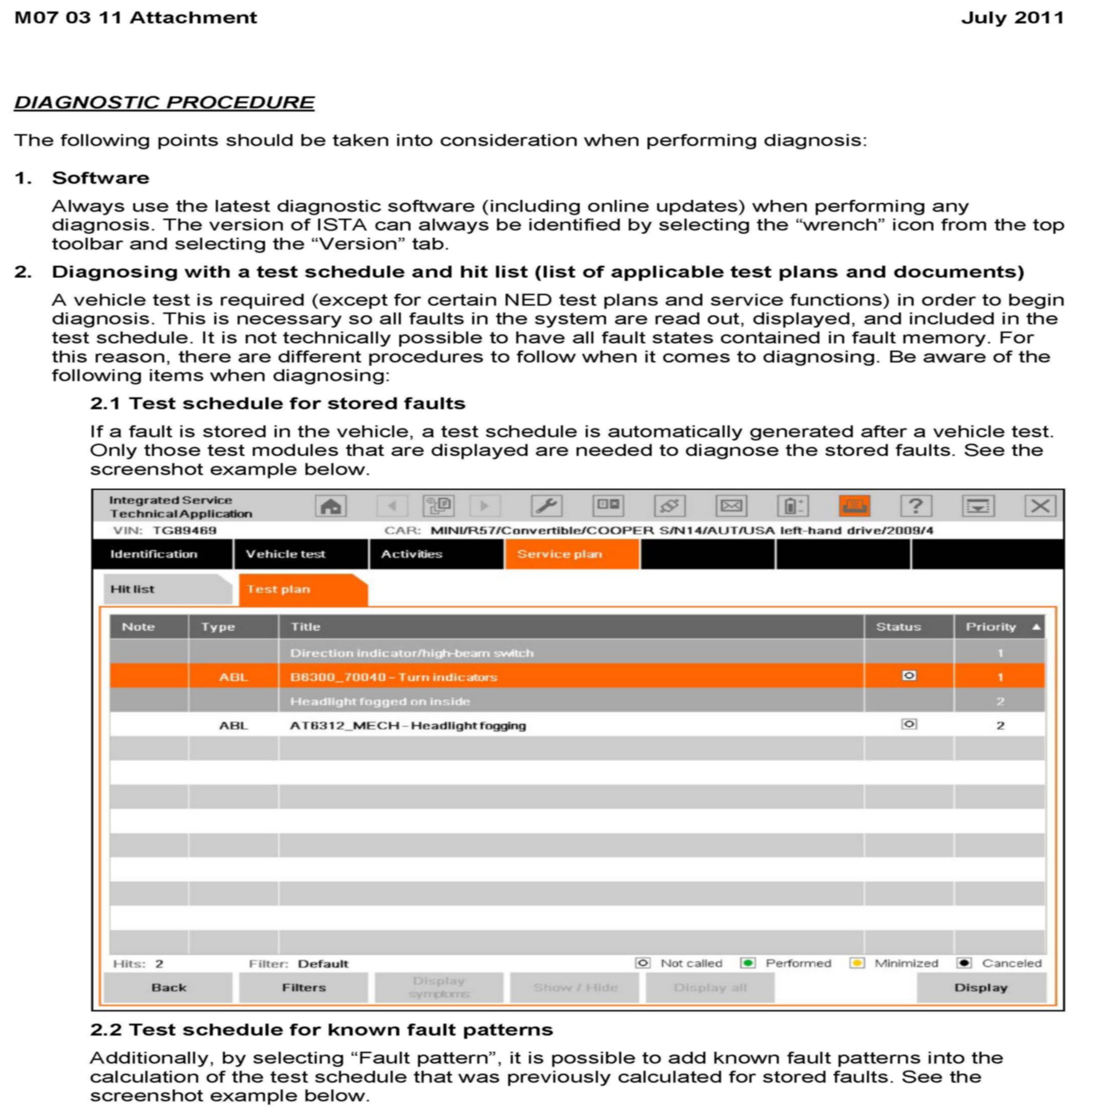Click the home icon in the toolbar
point(330,506)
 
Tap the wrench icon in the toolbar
point(546,506)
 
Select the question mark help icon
point(916,506)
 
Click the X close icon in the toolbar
point(1039,506)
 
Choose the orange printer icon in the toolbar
point(854,506)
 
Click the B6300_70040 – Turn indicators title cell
point(394,677)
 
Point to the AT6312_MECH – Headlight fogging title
point(408,725)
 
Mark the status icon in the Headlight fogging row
point(909,724)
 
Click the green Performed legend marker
point(747,963)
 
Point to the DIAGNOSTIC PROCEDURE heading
point(164,102)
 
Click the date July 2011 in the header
point(1012,18)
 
